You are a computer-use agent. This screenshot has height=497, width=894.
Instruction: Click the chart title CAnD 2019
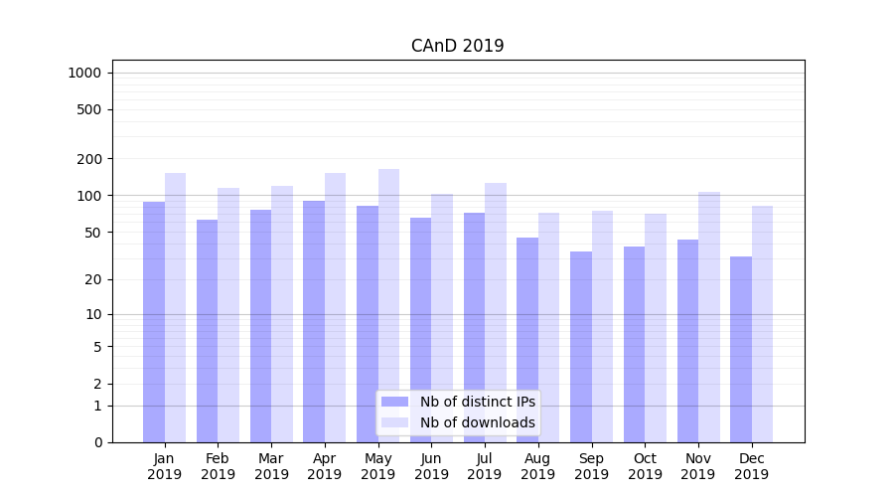pos(457,46)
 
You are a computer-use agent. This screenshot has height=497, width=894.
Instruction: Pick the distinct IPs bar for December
pos(741,349)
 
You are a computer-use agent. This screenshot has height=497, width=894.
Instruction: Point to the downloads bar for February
pos(228,314)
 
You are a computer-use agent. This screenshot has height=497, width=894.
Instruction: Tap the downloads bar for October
pos(656,327)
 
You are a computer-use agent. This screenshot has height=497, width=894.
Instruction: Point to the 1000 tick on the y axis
pos(84,73)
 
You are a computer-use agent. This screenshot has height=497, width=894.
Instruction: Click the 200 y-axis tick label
pos(90,159)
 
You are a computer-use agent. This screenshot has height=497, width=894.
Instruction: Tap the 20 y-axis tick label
pos(93,279)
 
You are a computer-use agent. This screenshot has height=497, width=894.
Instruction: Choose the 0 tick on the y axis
pos(97,442)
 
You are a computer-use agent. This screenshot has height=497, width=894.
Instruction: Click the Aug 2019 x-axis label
pos(538,466)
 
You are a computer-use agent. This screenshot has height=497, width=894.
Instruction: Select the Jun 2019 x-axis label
pos(431,466)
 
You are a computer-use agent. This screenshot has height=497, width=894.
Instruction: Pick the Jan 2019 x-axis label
pos(165,466)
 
